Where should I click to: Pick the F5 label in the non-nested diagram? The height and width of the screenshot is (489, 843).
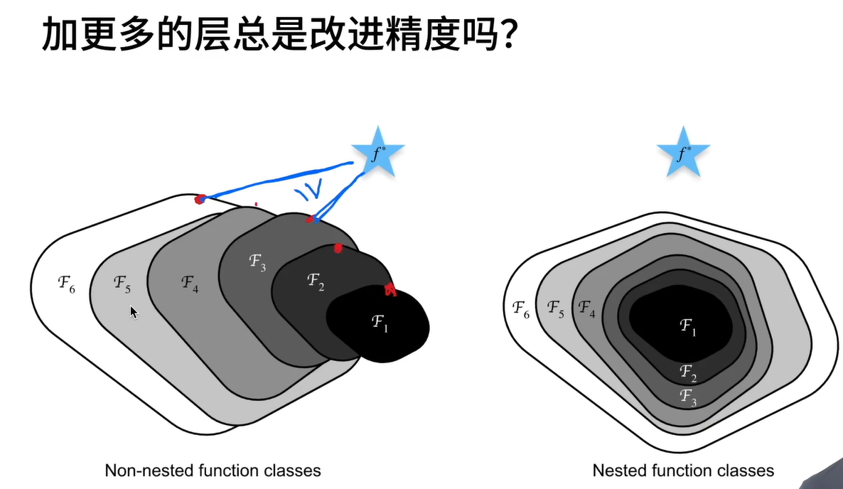pyautogui.click(x=122, y=284)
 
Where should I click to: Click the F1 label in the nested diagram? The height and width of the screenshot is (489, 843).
pyautogui.click(x=688, y=327)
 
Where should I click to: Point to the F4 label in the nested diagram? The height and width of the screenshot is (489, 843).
pyautogui.click(x=587, y=308)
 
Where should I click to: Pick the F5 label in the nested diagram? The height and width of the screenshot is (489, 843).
pyautogui.click(x=556, y=309)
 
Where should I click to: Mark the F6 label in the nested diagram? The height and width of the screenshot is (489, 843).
pyautogui.click(x=521, y=309)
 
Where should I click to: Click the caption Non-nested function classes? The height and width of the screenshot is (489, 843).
pyautogui.click(x=213, y=471)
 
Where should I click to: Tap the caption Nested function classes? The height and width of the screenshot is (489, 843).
pyautogui.click(x=683, y=471)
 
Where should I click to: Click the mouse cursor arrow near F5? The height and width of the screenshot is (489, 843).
pyautogui.click(x=134, y=312)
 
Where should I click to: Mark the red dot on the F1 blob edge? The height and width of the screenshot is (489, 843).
pyautogui.click(x=390, y=289)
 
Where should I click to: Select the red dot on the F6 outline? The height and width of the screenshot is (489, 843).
pyautogui.click(x=200, y=199)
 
